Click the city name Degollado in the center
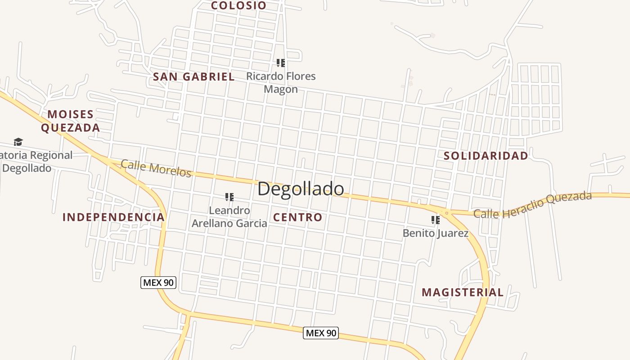301,189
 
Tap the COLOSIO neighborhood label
238,5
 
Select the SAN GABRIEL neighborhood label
193,77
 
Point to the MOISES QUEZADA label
71,121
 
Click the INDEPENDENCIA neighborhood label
113,217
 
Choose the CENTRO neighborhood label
298,217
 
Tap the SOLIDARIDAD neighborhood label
486,156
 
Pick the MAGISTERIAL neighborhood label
463,292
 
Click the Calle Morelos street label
156,168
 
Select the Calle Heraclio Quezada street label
532,206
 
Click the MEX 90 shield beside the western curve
158,283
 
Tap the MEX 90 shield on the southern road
320,333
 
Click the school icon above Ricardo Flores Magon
280,63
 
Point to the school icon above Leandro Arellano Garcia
229,197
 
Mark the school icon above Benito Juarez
435,220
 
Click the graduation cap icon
18,142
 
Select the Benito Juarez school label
435,234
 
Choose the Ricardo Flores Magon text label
281,83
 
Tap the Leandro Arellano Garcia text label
229,217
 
